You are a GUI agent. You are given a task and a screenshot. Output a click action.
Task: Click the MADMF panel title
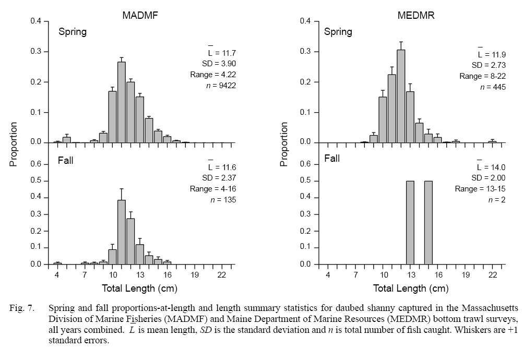[140, 15]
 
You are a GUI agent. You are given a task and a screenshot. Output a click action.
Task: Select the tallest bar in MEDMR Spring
[401, 96]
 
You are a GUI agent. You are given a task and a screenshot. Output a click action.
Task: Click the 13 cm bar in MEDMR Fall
[410, 223]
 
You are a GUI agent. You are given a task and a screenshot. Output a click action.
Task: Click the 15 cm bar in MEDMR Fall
[428, 223]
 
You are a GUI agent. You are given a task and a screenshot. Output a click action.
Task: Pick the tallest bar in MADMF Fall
[121, 232]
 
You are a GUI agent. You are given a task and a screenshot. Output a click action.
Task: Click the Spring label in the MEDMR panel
[338, 32]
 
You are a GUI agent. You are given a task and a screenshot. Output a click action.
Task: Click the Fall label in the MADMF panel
[66, 160]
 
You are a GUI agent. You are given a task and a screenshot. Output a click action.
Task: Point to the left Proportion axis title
[14, 144]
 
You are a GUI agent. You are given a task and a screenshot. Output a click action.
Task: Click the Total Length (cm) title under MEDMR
[410, 288]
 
